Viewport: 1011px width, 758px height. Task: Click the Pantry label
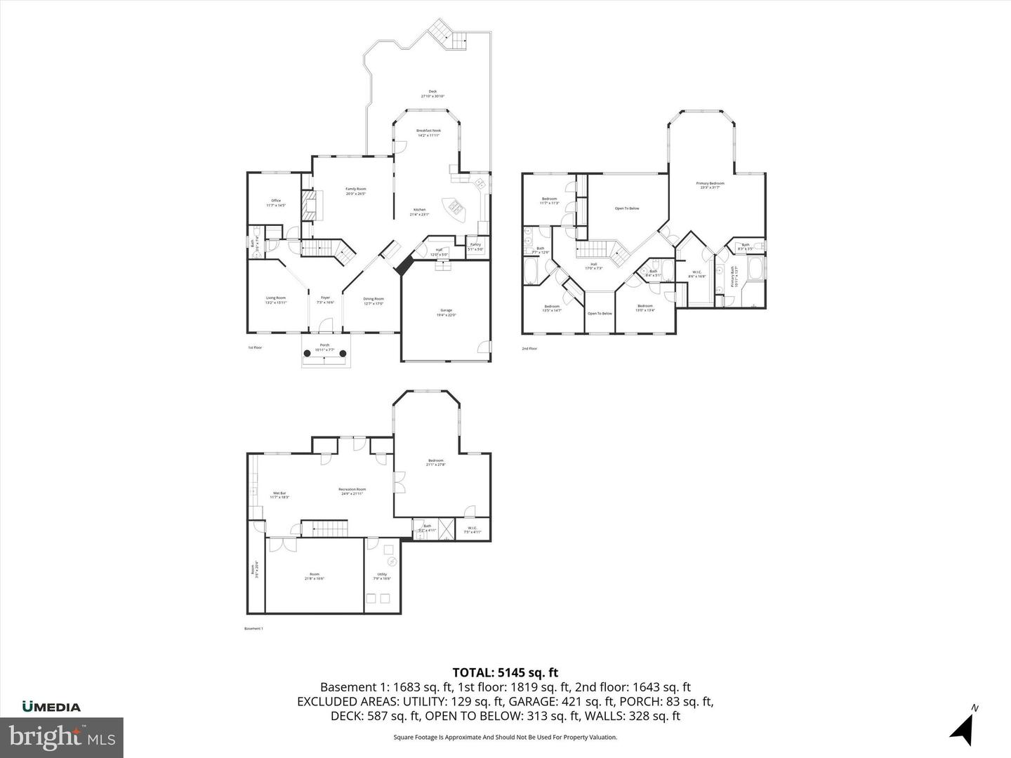pyautogui.click(x=475, y=246)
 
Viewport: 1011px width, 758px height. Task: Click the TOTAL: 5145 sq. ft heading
pyautogui.click(x=505, y=672)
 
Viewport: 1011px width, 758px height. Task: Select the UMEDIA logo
pyautogui.click(x=51, y=707)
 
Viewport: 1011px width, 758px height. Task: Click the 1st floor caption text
pyautogui.click(x=255, y=347)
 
